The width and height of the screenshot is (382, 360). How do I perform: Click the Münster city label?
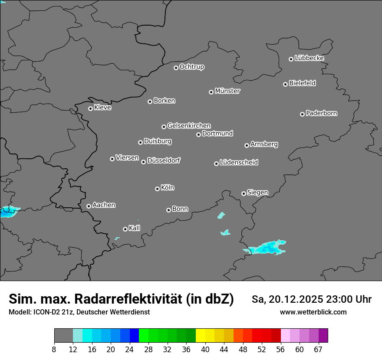click(227, 91)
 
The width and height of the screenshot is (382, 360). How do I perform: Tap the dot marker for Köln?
click(157, 189)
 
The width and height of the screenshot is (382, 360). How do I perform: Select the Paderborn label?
click(322, 113)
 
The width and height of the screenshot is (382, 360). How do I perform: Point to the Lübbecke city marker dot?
click(291, 59)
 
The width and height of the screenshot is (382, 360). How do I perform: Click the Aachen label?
click(104, 205)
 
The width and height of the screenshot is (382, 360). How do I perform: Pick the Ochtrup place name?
click(192, 67)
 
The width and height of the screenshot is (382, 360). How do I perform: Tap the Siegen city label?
click(257, 193)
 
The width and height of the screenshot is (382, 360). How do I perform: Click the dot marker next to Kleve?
click(90, 108)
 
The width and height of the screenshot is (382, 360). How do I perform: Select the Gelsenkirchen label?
click(189, 126)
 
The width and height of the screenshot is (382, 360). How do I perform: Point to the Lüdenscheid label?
click(239, 163)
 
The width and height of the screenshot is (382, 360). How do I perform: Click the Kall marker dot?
click(125, 229)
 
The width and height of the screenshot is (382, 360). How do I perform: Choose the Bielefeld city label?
click(302, 83)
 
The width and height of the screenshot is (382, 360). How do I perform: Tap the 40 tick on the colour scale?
click(205, 349)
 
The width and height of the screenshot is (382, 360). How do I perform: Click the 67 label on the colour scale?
click(318, 349)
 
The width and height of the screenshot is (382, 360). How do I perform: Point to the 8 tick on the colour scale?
click(54, 349)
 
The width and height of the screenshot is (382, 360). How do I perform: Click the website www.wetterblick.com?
click(313, 312)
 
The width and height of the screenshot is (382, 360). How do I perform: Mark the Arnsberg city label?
click(264, 144)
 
